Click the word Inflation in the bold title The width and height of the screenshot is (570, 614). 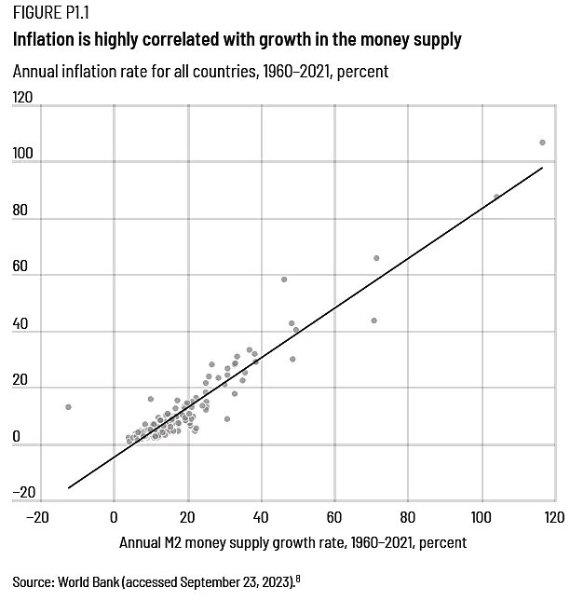pos(43,41)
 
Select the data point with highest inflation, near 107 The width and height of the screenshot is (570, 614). pos(542,143)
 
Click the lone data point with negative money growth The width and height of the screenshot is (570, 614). pos(68,407)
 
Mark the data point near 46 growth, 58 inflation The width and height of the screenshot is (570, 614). pos(284,280)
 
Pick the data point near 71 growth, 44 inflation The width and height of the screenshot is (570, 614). pos(373,321)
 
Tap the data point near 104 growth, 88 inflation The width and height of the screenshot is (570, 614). pos(496,197)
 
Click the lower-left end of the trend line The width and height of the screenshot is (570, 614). pos(69,487)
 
